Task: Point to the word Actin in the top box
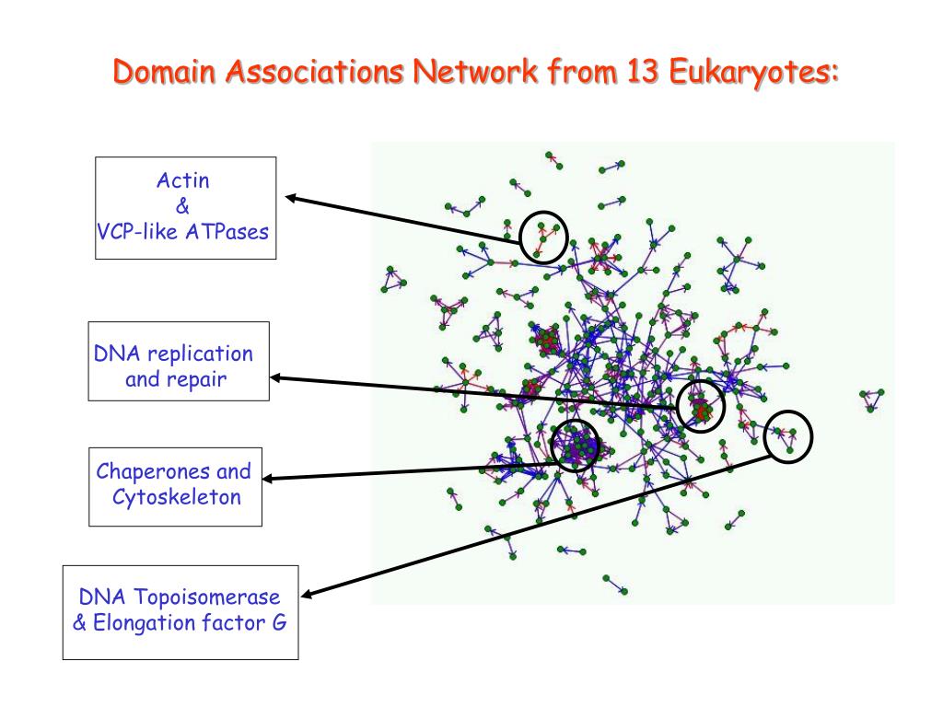click(x=183, y=180)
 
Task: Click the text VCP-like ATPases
click(x=183, y=231)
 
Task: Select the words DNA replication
click(x=173, y=353)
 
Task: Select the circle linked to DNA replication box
click(x=701, y=405)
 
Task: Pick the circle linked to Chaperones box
click(x=576, y=446)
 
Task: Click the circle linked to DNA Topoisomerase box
click(x=788, y=435)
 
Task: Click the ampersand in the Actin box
click(x=181, y=206)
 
